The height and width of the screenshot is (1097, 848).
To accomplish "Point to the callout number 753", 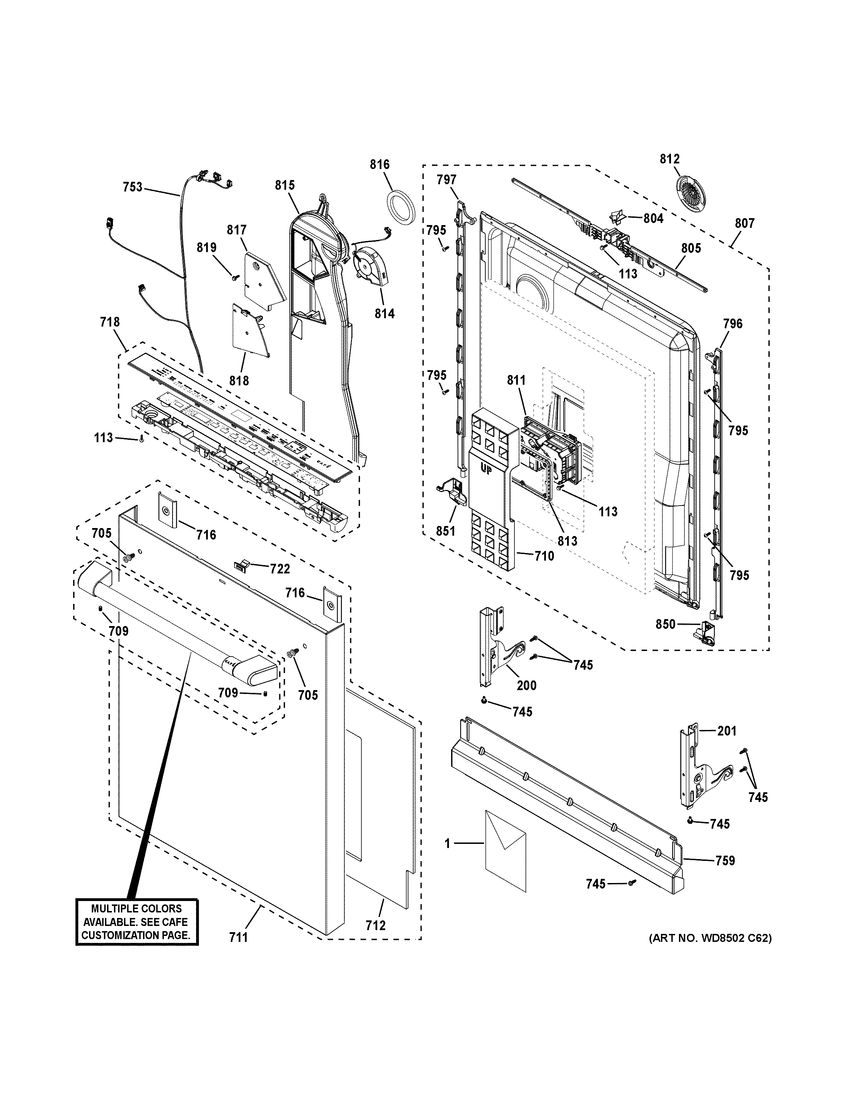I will click(133, 187).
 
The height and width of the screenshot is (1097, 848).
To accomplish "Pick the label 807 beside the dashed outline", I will click(744, 223).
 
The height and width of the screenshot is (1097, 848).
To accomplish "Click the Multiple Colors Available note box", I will click(136, 922).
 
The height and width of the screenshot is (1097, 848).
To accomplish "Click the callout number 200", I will click(527, 685).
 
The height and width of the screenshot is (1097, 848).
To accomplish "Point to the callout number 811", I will click(516, 381).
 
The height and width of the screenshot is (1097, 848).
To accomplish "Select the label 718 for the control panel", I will click(110, 322).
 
